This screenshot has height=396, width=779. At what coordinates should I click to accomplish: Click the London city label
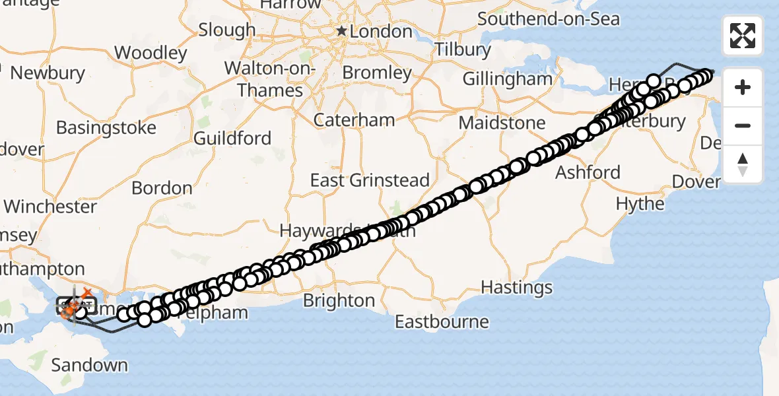(x=381, y=31)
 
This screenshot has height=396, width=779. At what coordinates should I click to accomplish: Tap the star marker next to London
(x=341, y=31)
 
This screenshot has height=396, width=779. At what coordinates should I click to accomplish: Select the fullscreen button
(x=743, y=36)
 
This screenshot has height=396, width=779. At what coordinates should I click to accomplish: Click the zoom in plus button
(x=743, y=87)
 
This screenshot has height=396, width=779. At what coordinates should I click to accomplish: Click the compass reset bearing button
(x=743, y=164)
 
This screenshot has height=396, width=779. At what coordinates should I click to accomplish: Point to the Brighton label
(x=339, y=301)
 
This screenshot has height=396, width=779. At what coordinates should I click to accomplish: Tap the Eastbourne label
(x=442, y=322)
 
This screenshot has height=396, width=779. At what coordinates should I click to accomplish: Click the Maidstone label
(x=502, y=123)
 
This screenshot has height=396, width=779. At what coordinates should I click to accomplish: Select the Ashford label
(x=588, y=173)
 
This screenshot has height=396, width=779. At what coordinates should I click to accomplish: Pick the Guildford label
(x=232, y=138)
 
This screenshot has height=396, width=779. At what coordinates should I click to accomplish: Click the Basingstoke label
(x=106, y=127)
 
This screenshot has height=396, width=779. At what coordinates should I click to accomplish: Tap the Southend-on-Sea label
(x=549, y=18)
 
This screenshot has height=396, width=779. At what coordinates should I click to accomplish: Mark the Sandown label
(x=89, y=365)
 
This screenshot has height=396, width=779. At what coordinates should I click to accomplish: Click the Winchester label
(x=50, y=207)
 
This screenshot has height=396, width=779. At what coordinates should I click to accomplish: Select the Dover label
(x=695, y=181)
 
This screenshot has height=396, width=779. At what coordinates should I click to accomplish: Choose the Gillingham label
(x=507, y=79)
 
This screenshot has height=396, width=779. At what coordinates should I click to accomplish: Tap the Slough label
(x=226, y=30)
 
